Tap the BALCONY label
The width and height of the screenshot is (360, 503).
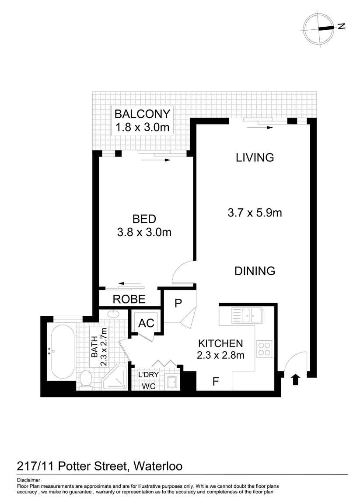[x=142, y=114]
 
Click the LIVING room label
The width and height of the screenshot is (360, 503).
[x=255, y=157]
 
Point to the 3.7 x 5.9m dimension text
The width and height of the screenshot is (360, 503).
[x=255, y=213]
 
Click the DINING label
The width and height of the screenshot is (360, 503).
[x=255, y=271]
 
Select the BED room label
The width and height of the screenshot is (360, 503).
[x=144, y=219]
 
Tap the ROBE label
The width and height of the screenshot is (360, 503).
[x=129, y=299]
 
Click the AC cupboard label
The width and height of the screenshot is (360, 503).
[x=146, y=323]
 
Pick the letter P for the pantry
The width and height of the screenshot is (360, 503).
[x=178, y=304]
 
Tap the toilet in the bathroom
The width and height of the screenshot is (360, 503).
[x=86, y=379]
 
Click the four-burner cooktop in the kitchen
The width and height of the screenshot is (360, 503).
[x=264, y=349]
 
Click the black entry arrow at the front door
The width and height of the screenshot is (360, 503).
[x=295, y=379]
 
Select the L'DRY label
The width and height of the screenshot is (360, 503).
[x=148, y=375]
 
